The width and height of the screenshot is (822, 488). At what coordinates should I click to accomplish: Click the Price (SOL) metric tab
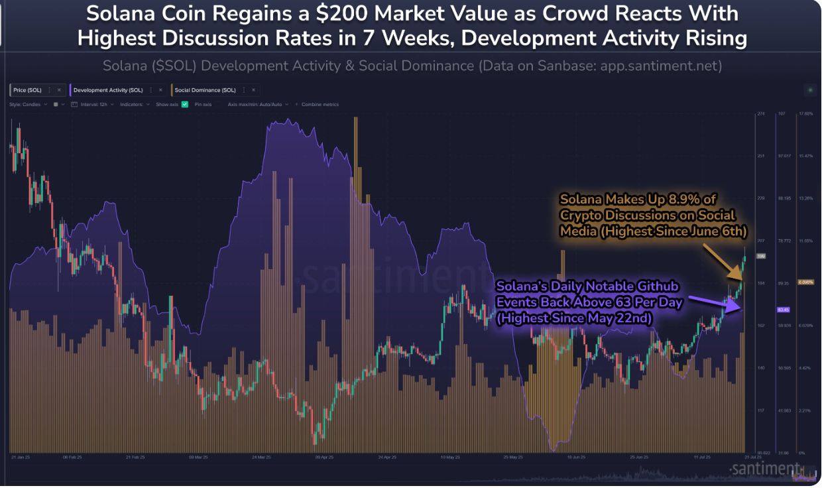[x=27, y=90]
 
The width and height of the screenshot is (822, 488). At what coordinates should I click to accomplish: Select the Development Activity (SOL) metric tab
[x=107, y=90]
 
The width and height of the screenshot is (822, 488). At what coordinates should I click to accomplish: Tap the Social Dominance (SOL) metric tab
[x=205, y=90]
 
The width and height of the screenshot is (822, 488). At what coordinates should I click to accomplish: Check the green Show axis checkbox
[x=185, y=104]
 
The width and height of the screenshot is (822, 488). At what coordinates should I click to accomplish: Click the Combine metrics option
[x=320, y=104]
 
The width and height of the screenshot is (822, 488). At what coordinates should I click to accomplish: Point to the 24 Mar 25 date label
[x=261, y=457]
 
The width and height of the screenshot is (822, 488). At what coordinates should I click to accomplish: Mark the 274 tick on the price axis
[x=761, y=114]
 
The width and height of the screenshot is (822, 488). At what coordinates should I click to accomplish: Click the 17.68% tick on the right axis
[x=805, y=114]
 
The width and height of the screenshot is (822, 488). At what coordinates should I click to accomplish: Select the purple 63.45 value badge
[x=782, y=310]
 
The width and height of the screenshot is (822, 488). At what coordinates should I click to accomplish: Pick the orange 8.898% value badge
[x=805, y=282]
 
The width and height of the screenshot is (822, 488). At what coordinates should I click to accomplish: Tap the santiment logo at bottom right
[x=766, y=469]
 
